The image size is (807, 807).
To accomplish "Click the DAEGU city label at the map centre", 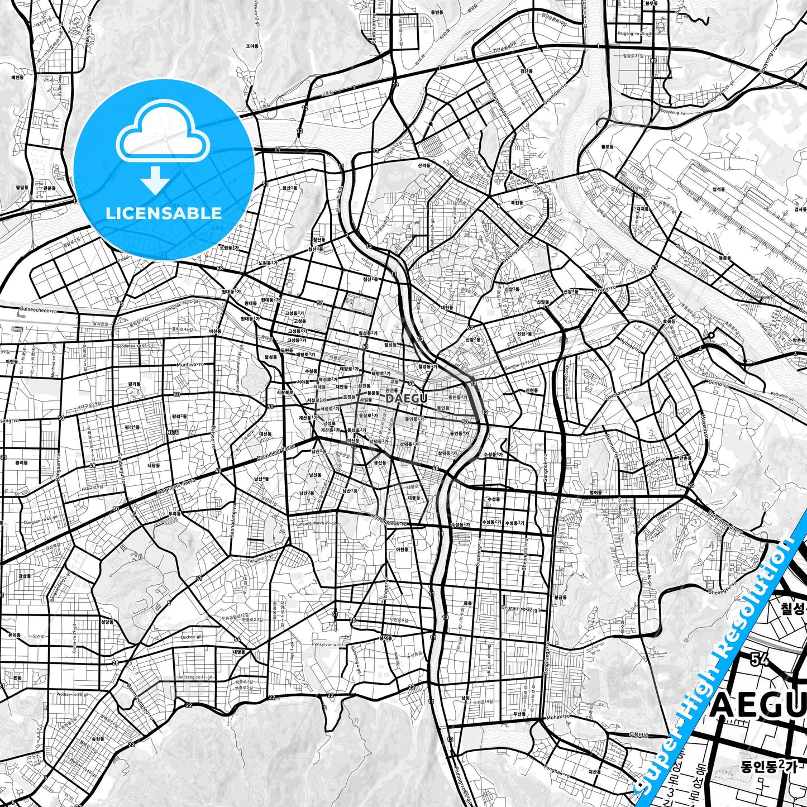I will (x=407, y=398).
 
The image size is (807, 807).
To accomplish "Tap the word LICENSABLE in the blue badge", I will (x=164, y=213).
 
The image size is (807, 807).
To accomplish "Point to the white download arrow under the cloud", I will (x=155, y=180).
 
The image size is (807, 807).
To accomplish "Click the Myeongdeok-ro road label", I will (x=389, y=524).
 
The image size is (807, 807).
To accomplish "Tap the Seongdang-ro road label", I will (x=233, y=521).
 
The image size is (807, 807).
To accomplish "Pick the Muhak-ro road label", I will (x=557, y=716).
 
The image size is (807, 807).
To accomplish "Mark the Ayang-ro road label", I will (x=604, y=289).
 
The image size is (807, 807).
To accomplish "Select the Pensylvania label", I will (x=324, y=644).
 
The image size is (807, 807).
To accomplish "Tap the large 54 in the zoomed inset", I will (x=760, y=660).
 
